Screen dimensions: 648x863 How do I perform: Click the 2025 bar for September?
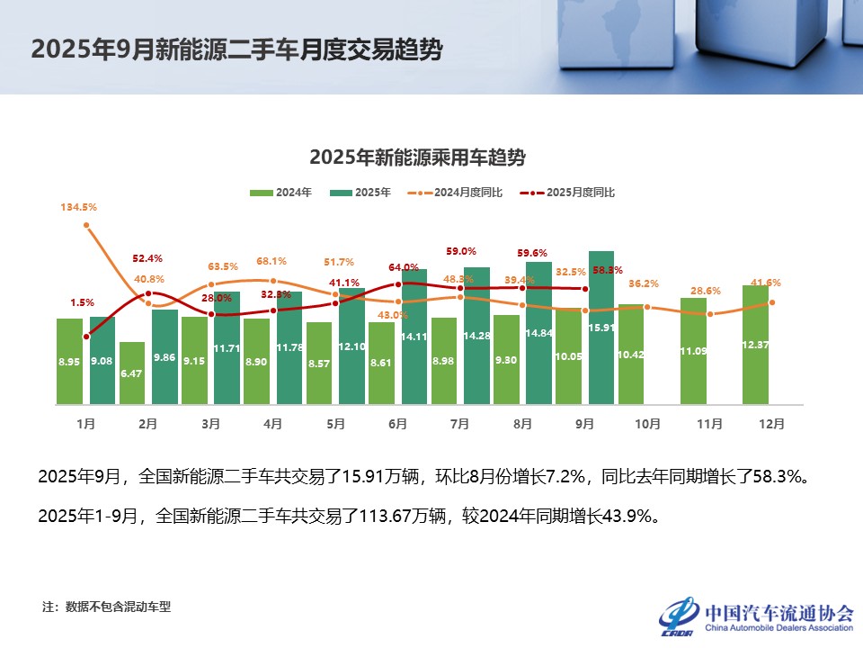click(601, 328)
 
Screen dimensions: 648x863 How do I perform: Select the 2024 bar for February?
click(132, 373)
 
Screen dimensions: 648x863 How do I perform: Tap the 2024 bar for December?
click(755, 345)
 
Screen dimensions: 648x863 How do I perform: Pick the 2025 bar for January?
click(102, 360)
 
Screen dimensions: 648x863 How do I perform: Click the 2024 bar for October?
click(631, 354)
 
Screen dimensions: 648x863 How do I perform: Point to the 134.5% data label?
click(78, 207)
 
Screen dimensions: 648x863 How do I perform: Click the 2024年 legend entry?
click(281, 193)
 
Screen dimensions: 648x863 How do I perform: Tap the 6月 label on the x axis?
click(397, 422)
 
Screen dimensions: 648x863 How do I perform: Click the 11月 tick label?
click(708, 422)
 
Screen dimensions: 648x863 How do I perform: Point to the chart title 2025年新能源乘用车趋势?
click(417, 157)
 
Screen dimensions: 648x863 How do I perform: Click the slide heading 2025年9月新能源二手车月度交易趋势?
click(236, 49)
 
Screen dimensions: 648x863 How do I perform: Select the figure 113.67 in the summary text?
click(385, 517)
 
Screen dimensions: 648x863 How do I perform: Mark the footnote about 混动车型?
click(106, 607)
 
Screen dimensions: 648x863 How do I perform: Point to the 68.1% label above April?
click(271, 261)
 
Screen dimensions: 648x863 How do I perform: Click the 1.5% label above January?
click(82, 302)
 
